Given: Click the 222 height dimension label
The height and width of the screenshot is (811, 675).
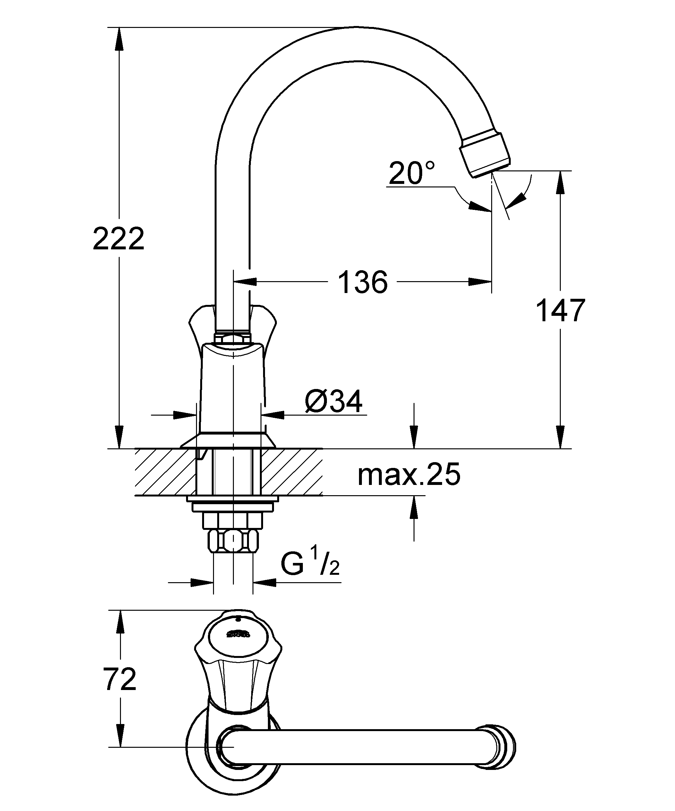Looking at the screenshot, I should pos(119,239).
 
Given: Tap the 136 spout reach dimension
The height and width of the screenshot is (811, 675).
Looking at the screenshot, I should pos(363,282).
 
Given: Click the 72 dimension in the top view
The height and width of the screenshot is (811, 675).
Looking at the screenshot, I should pos(120,680).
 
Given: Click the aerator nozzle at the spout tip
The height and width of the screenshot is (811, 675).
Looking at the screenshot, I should pos(485,154).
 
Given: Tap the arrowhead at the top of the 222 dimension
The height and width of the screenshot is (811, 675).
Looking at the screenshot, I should pos(119,39).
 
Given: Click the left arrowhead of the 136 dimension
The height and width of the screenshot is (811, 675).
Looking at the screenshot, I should pos(246,282).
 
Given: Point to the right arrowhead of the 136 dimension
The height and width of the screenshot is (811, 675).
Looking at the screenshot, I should pos(480,282).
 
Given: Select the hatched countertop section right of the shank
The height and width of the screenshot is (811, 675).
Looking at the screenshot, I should pos(292,471).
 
